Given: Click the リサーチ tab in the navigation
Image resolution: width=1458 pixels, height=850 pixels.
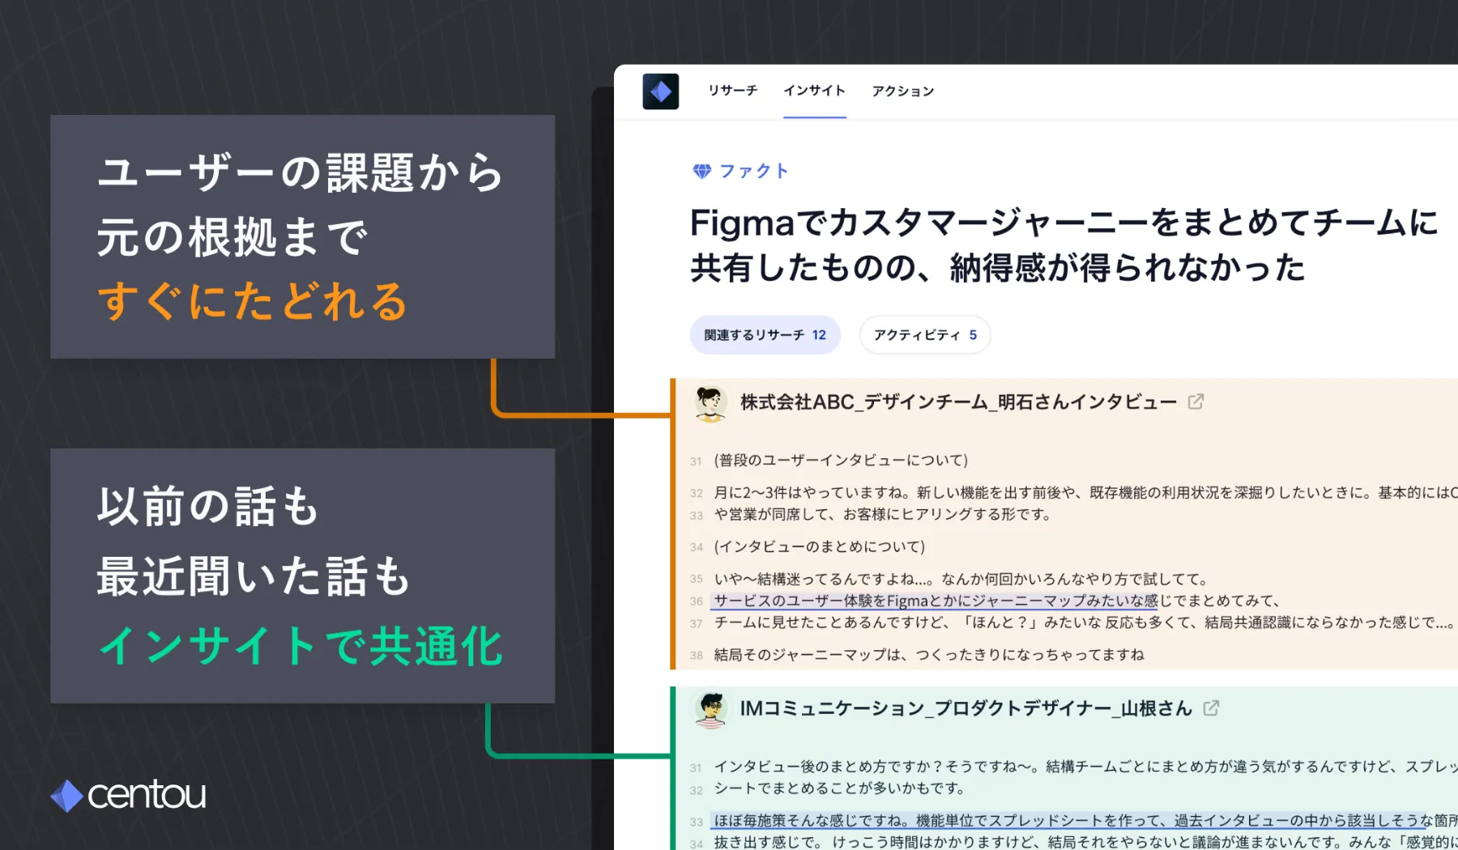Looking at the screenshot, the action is pos(732,91).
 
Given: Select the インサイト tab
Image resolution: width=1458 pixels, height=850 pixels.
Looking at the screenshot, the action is pos(814,91).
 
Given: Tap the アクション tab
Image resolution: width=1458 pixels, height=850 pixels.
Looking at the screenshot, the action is pos(902,91).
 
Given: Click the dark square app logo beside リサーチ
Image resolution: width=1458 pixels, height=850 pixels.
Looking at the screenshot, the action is pos(661,91).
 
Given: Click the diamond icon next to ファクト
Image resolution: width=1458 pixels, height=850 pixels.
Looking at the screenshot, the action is pos(701,171).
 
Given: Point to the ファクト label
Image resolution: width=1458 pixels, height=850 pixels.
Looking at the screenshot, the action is pos(753,171).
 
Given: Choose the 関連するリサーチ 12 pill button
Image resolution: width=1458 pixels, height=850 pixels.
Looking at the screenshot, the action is pos(765,335).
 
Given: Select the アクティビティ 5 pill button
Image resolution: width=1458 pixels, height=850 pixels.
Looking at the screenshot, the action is pos(924,335).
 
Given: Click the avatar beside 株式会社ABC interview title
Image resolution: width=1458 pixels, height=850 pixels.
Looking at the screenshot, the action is pos(710,402).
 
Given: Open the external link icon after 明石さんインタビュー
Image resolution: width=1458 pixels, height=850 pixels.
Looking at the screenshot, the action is pos(1196,402).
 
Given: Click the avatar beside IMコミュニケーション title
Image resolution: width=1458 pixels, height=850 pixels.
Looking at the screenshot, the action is pos(710,709).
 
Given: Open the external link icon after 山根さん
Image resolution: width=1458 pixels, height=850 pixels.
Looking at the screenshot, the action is pos(1211,708).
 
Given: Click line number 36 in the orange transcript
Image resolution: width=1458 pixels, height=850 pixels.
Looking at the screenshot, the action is pos(696,601).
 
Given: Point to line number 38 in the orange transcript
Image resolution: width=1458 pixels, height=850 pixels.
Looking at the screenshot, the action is pos(696,656).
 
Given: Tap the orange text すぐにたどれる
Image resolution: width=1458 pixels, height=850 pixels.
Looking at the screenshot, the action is pos(252,302).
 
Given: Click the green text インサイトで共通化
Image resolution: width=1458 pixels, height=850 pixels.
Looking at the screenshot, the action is pos(301,647).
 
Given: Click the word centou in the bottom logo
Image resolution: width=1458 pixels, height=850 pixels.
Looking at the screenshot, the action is pos(147,795).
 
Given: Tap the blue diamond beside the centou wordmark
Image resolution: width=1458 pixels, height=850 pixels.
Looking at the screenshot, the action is pos(67,796).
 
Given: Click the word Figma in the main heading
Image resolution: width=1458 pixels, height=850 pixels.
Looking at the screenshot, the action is pos(742,223).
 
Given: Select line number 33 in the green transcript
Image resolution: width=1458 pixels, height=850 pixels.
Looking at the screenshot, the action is pos(696,822).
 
